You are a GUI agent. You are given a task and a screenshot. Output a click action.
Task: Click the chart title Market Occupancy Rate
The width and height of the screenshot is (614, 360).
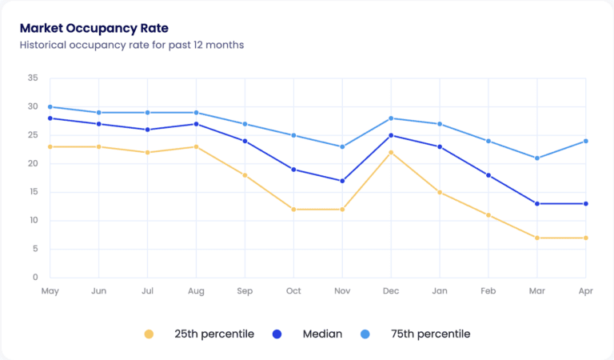(94, 28)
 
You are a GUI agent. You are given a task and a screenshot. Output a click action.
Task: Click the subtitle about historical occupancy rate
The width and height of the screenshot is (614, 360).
(132, 45)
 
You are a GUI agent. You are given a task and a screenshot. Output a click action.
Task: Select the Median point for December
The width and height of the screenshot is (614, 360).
(391, 135)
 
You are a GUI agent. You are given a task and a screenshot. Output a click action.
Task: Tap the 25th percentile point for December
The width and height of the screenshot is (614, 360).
(391, 152)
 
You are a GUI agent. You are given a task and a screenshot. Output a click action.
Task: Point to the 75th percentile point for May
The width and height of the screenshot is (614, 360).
(50, 106)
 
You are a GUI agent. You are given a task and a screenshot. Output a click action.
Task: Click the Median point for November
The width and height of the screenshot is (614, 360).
(342, 181)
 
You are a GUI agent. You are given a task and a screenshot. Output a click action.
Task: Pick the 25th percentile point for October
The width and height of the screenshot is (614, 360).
(293, 210)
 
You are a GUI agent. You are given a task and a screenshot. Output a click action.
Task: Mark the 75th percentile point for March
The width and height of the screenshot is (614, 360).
(537, 158)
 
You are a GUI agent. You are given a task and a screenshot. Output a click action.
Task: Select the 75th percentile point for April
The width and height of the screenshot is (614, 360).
(586, 141)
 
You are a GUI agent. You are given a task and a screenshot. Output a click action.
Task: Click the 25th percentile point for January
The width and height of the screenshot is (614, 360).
(440, 192)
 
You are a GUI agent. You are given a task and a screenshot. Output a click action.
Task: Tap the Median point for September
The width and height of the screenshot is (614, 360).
(245, 141)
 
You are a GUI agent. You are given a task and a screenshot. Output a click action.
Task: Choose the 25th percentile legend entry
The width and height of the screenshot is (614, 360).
(200, 334)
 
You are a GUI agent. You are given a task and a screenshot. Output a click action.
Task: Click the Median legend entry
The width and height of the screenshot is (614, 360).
(311, 334)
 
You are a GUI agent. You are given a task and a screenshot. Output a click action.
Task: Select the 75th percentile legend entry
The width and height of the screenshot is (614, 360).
(419, 334)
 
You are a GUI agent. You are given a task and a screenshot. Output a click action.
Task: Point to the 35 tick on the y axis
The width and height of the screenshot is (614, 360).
(32, 78)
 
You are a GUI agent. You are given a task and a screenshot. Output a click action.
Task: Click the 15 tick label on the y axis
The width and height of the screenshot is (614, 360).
(32, 192)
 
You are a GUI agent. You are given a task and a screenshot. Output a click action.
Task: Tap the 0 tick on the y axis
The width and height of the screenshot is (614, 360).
(34, 278)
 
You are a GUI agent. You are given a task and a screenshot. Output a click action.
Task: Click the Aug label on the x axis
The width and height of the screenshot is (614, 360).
(196, 292)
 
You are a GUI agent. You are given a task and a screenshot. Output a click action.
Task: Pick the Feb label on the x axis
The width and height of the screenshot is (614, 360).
(488, 292)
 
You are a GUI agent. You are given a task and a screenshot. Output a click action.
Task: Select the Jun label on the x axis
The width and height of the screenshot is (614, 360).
(98, 292)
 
